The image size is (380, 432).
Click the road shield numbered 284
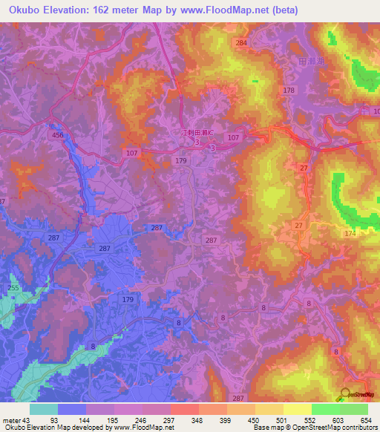240,43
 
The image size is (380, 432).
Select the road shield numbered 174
350,234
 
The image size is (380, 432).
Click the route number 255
13,288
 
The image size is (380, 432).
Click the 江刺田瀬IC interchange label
197,132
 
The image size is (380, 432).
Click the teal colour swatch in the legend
44,409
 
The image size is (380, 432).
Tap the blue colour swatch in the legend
72,409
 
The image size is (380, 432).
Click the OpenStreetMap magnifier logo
344,394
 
